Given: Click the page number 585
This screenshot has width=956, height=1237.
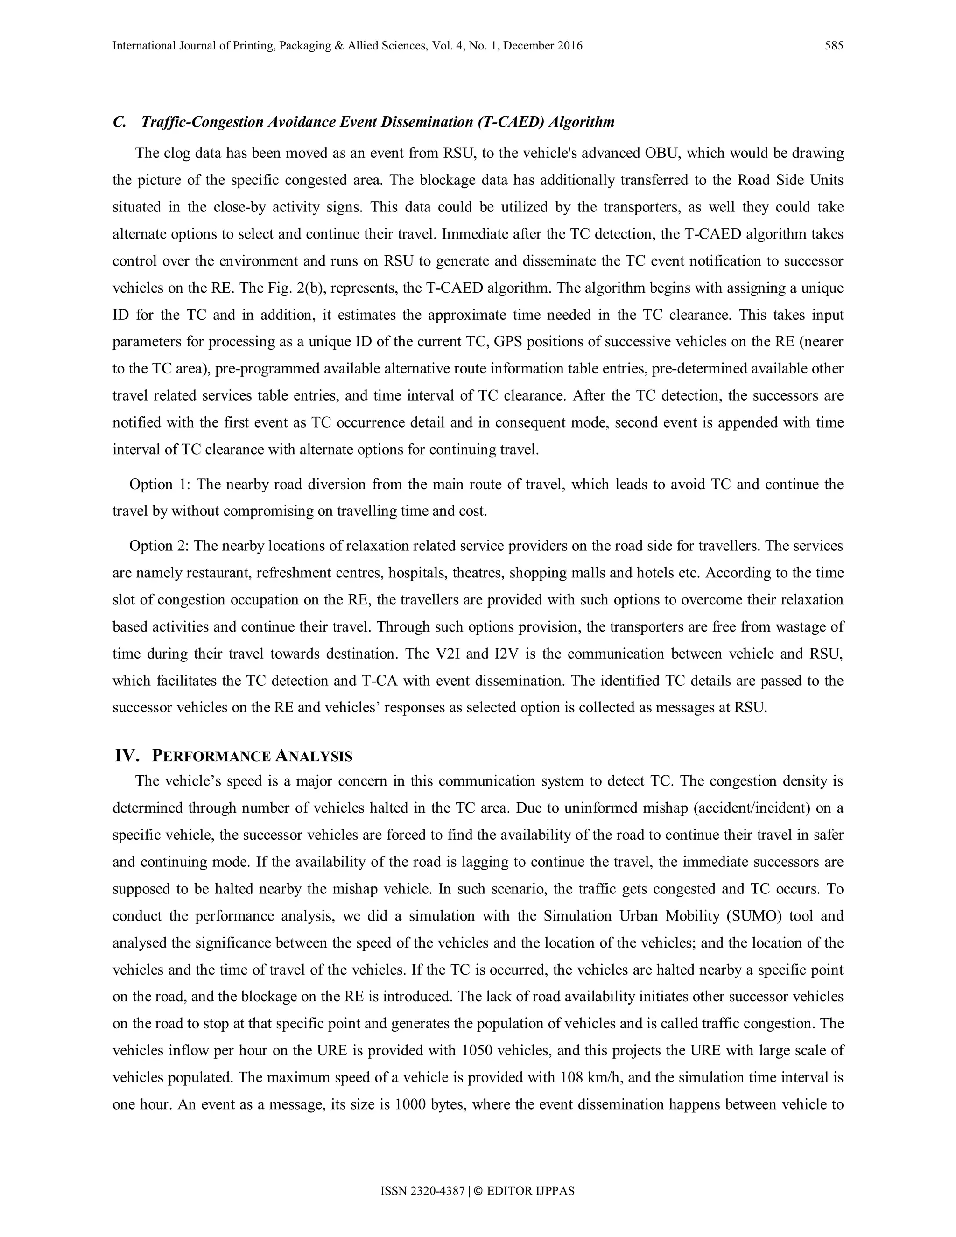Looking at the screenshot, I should (834, 46).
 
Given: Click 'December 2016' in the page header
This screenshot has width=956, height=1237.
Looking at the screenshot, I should (542, 46).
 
